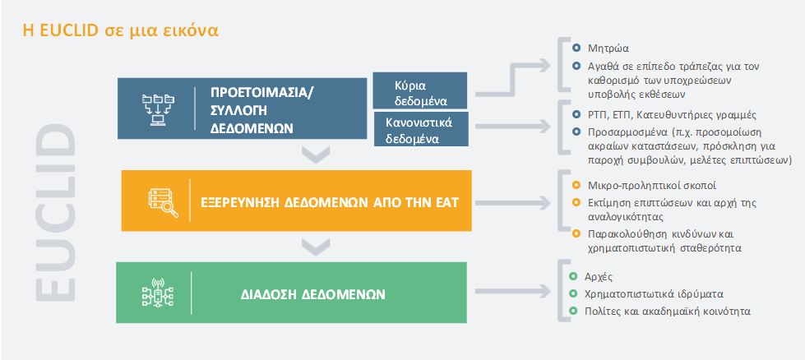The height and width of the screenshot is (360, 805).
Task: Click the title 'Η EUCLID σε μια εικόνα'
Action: [x=121, y=30]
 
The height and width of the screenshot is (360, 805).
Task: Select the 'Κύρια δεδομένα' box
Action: [x=420, y=90]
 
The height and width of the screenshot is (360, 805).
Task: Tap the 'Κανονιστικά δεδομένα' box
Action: [x=421, y=129]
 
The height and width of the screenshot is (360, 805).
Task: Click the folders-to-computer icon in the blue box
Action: [x=158, y=108]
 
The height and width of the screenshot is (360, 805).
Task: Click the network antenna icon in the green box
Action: [x=158, y=293]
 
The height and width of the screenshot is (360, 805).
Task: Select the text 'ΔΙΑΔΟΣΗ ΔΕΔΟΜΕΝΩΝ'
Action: [x=313, y=295]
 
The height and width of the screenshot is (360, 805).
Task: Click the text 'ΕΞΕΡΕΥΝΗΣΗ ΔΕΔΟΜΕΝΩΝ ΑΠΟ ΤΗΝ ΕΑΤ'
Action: [x=329, y=202]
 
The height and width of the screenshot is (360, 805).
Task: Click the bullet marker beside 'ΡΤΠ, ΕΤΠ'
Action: [x=576, y=114]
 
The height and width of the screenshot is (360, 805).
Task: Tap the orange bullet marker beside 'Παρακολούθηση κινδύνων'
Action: [x=576, y=234]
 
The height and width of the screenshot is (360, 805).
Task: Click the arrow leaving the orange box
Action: [x=513, y=203]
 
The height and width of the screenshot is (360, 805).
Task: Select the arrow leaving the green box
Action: [x=513, y=292]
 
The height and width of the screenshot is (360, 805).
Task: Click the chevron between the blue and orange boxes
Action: [x=316, y=155]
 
